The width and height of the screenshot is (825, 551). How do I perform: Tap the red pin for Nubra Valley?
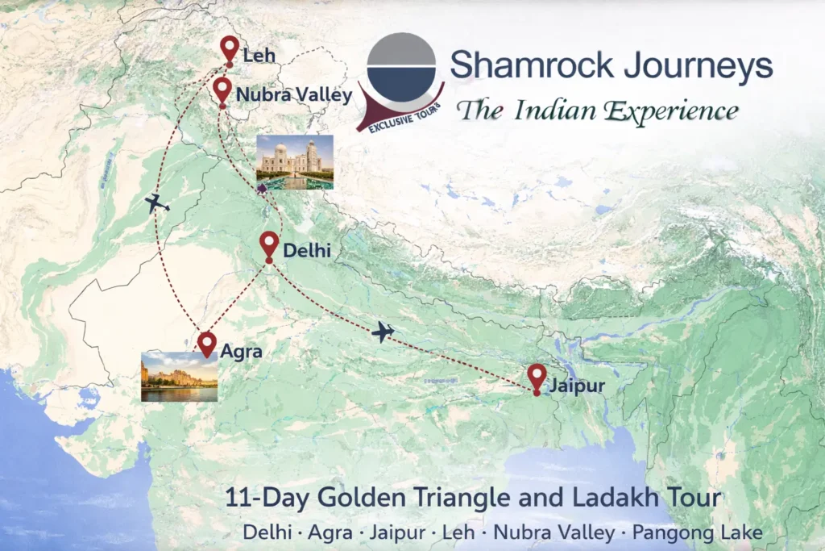[x=222, y=90]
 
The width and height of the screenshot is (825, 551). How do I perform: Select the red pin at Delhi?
[x=270, y=245]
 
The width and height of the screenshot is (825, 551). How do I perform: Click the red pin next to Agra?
[x=207, y=343]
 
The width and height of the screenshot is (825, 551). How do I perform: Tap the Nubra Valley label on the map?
[x=294, y=95]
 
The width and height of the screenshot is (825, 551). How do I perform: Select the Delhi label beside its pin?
[x=308, y=251]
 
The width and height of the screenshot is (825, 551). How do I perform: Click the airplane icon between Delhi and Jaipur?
[x=383, y=332]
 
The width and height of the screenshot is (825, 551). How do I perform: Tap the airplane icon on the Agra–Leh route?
[x=158, y=203]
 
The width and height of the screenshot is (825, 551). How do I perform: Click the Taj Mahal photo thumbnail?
[x=294, y=161]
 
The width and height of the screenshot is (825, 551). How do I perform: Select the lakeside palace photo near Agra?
[x=179, y=376]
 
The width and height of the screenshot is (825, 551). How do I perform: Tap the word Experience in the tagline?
[x=664, y=110]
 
